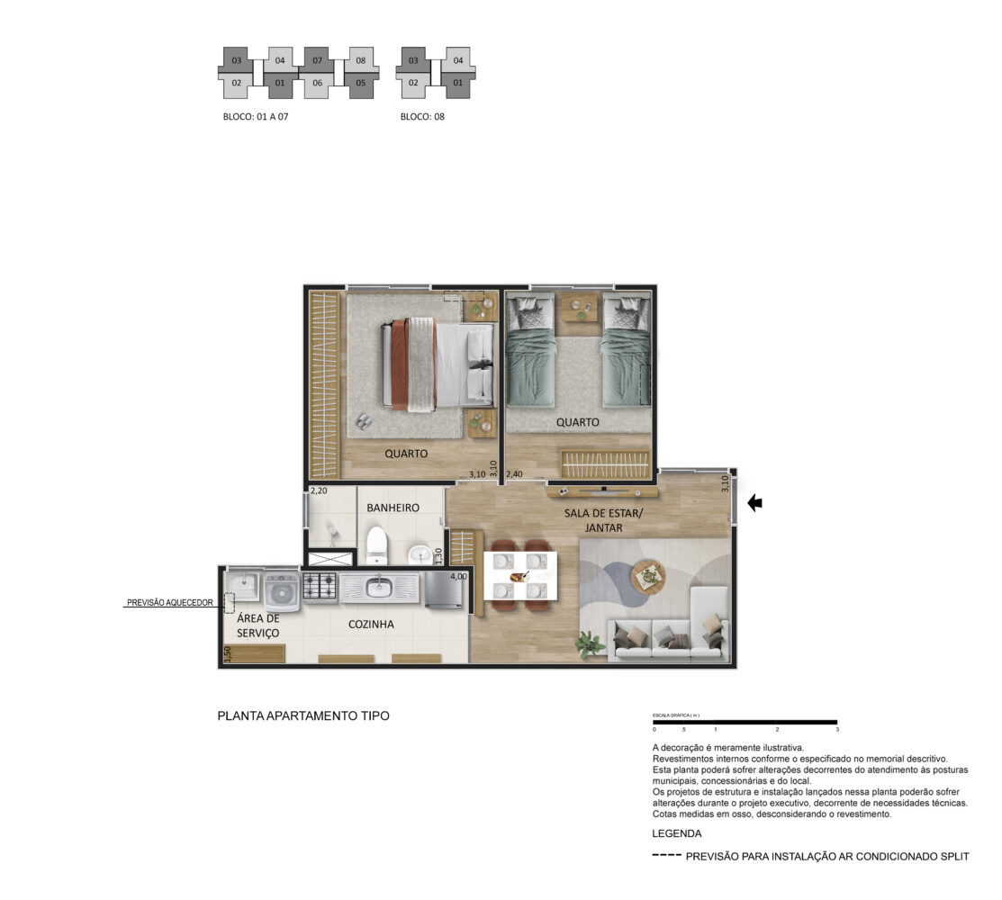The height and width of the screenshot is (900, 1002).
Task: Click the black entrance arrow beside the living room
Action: click(x=754, y=503)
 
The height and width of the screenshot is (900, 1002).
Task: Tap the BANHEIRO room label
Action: click(x=393, y=508)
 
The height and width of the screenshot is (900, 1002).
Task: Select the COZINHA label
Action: click(x=371, y=624)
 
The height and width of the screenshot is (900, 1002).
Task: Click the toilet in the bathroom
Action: click(x=377, y=544)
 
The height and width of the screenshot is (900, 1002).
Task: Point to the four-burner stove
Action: click(x=320, y=587)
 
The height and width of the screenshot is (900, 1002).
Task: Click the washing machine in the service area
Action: click(x=281, y=590)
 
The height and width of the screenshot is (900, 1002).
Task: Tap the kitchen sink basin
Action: click(x=378, y=584)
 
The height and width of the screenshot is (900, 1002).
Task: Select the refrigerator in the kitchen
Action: click(x=444, y=589)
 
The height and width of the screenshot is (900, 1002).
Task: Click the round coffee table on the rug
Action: click(x=648, y=577)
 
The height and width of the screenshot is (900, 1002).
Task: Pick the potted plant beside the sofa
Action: click(x=591, y=643)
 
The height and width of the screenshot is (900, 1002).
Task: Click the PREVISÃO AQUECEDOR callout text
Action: click(x=170, y=602)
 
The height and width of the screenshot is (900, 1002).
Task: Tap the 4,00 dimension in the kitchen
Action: click(x=458, y=576)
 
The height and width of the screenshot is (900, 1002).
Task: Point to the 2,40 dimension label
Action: click(x=514, y=474)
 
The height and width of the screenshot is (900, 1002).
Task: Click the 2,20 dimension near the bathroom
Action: click(x=318, y=491)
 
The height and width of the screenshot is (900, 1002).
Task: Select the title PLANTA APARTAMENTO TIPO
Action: click(x=303, y=716)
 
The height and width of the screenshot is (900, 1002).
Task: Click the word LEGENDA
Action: click(x=677, y=833)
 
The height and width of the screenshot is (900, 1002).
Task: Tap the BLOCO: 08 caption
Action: click(x=422, y=117)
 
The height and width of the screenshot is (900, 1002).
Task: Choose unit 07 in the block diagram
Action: click(x=318, y=60)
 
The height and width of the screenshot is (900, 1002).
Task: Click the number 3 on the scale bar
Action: click(x=837, y=729)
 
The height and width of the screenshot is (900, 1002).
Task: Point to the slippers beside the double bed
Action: click(x=364, y=421)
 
